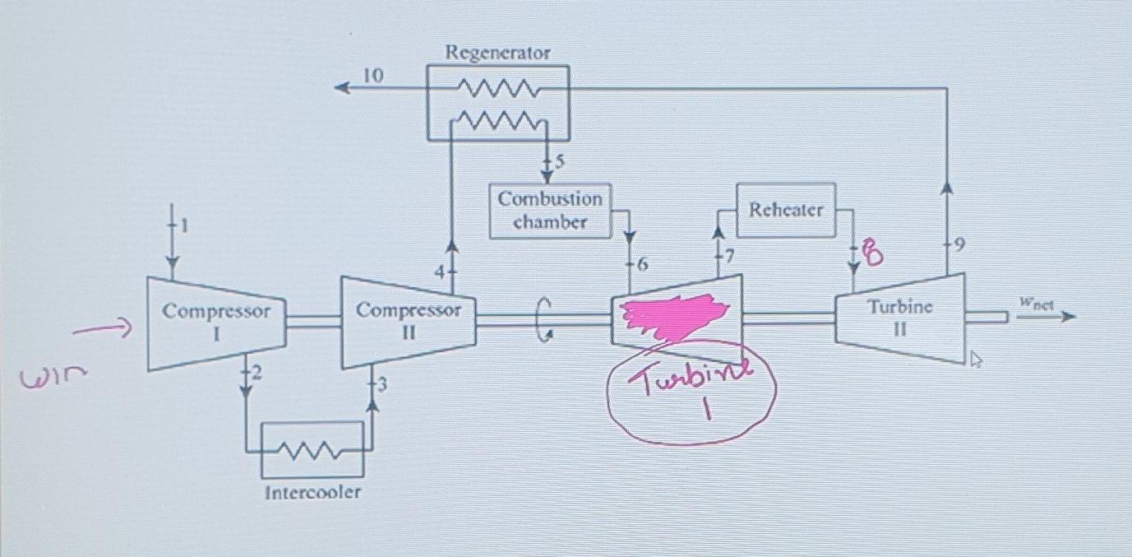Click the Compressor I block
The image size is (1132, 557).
pyautogui.click(x=215, y=323)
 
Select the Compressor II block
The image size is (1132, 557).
pyautogui.click(x=408, y=322)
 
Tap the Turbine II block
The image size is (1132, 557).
pyautogui.click(x=899, y=318)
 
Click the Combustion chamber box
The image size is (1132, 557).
pyautogui.click(x=550, y=211)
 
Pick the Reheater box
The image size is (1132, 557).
pyautogui.click(x=785, y=210)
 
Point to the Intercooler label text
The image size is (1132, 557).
pyautogui.click(x=312, y=493)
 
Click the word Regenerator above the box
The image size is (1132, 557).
pyautogui.click(x=497, y=53)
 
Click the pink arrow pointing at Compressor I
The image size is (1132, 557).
pyautogui.click(x=103, y=331)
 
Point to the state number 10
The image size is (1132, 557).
pyautogui.click(x=372, y=76)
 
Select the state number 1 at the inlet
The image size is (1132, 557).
pyautogui.click(x=184, y=225)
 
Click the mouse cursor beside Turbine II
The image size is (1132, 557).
pyautogui.click(x=976, y=359)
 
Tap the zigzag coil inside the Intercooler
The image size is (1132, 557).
pyautogui.click(x=312, y=450)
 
